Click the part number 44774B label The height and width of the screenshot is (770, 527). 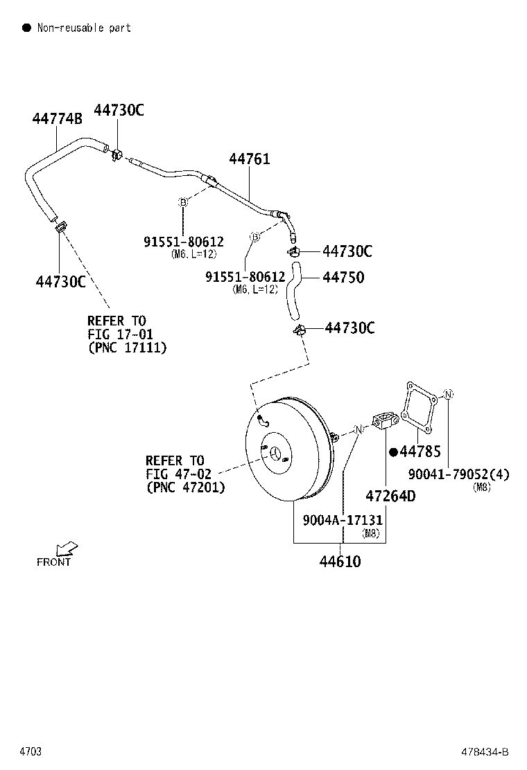tap(57, 118)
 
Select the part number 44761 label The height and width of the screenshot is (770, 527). tap(250, 159)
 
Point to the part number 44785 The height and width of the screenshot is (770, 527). tap(420, 452)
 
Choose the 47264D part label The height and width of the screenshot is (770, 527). tap(390, 496)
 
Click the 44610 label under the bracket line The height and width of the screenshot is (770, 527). tap(340, 561)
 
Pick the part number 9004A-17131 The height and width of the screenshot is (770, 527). tap(343, 520)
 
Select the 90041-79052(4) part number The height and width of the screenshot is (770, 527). tap(458, 474)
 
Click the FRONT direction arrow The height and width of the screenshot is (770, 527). tap(67, 548)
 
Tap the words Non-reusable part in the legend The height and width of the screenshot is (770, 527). tap(84, 28)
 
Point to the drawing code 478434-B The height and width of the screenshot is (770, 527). tap(485, 752)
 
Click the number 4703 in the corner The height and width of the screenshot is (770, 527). tap(30, 752)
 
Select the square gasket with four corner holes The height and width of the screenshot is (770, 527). tap(420, 409)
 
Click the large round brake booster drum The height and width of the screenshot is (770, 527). tap(284, 450)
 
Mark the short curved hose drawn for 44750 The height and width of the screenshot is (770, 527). tap(296, 291)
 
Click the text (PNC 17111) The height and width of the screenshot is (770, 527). tap(127, 348)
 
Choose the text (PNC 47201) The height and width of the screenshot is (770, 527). tap(185, 487)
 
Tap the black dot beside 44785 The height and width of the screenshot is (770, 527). tap(393, 452)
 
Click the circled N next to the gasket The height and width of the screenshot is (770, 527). tap(449, 394)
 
